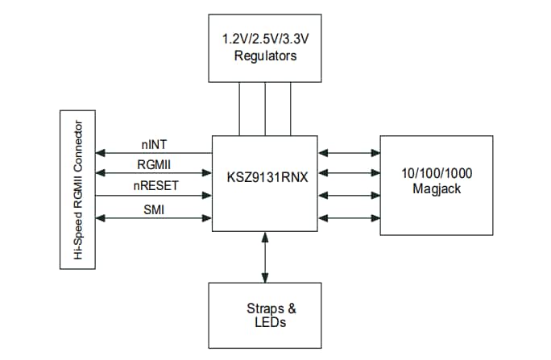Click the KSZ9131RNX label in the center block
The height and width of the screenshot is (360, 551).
(x=264, y=173)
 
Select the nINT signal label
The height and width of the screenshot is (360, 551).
(x=154, y=145)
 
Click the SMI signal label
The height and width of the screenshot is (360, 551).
(x=154, y=210)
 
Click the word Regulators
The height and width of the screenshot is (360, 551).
(x=265, y=56)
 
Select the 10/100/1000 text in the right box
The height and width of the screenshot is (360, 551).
(x=436, y=172)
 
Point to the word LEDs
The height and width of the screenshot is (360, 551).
(x=265, y=322)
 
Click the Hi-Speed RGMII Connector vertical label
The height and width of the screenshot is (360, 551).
(x=79, y=190)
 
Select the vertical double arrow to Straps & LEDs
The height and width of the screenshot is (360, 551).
(x=265, y=256)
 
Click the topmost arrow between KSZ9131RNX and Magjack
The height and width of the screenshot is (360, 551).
(x=349, y=151)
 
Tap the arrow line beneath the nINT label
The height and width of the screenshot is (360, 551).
(x=153, y=153)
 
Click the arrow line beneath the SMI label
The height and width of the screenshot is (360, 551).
(x=153, y=218)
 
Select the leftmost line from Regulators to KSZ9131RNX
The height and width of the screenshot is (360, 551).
(x=239, y=109)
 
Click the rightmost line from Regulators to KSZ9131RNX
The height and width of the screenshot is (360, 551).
(x=291, y=109)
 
